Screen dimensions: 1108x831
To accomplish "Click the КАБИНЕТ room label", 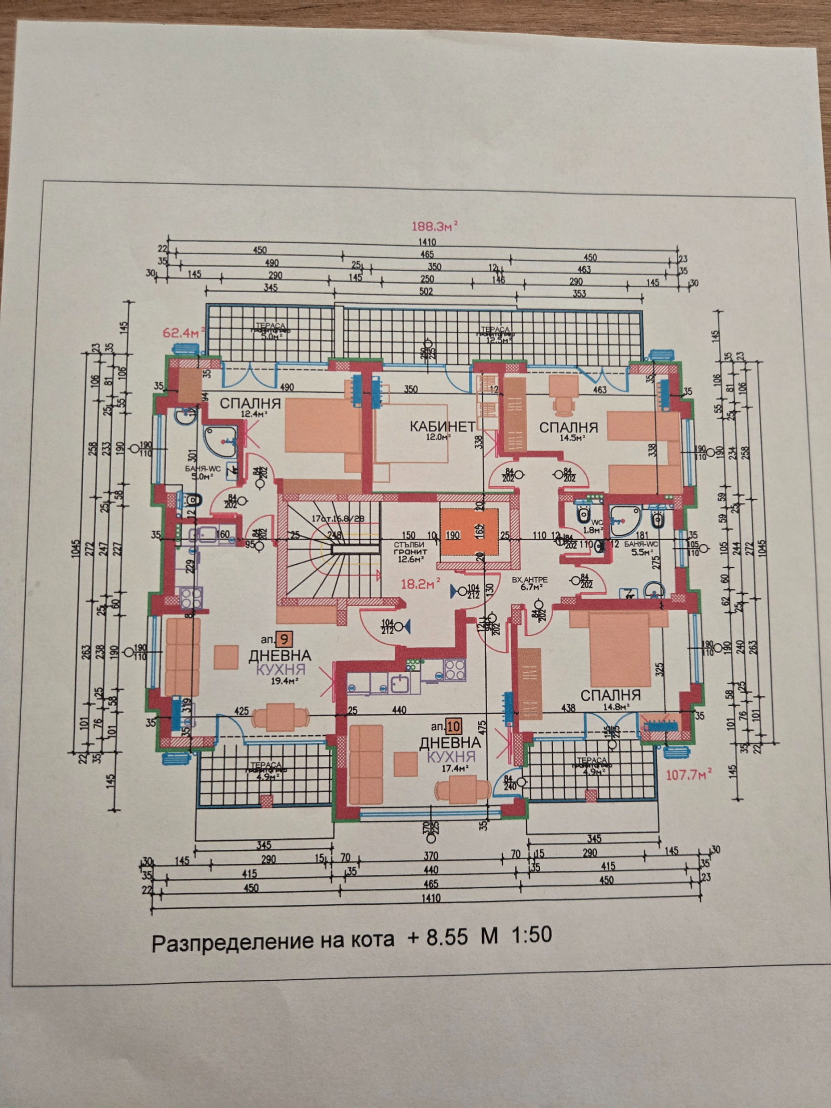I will coord(442,427).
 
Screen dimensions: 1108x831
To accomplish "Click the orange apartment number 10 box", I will coord(453,725).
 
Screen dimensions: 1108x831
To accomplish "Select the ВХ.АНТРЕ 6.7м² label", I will coord(529,583).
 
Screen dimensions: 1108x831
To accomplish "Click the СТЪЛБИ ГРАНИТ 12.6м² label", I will coord(410,552).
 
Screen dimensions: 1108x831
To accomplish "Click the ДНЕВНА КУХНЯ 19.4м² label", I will coord(279,665).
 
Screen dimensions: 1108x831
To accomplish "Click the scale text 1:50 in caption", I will coord(532,935).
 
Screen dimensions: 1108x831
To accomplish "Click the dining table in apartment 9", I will coord(279,718).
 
